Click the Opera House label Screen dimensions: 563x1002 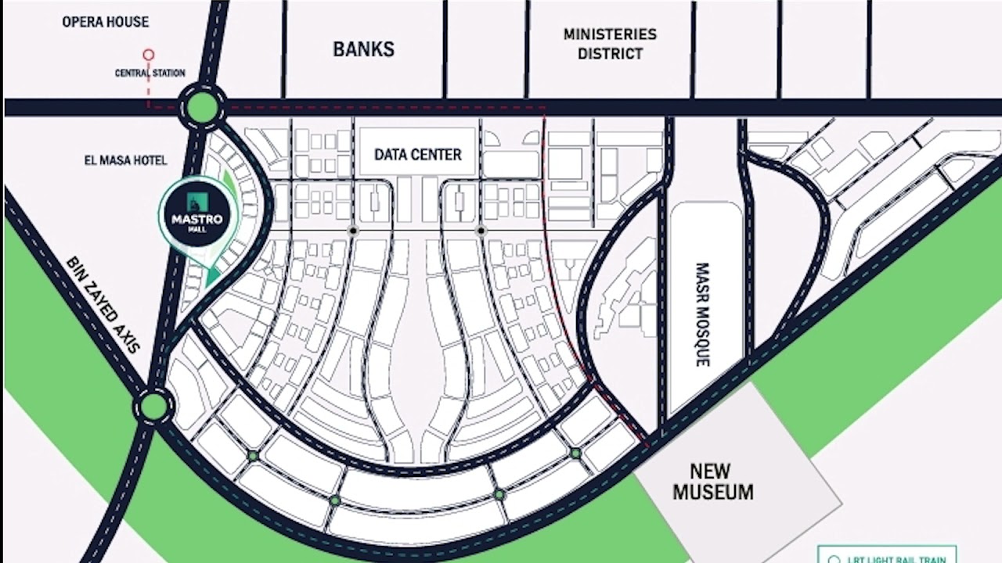coord(105,22)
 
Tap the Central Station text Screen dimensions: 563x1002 coord(150,73)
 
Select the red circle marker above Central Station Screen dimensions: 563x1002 coord(148,55)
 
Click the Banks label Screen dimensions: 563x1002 coord(363,49)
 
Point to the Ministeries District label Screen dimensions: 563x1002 coord(610,44)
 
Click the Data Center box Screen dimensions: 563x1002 coord(417,154)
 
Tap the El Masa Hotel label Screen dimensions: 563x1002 coord(125,160)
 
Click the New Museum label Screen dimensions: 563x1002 coord(712,482)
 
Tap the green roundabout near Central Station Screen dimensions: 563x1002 coord(201,106)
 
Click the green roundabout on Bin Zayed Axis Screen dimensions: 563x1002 coord(154,406)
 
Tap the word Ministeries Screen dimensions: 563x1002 coord(610,34)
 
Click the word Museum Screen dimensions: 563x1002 coord(712,493)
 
